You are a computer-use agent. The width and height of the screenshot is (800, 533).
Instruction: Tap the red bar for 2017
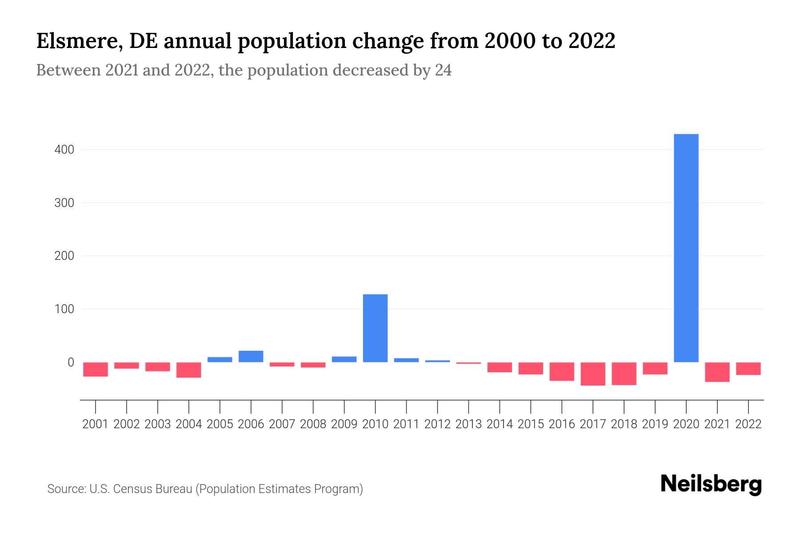click(x=592, y=374)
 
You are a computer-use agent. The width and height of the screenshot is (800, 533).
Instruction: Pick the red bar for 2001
click(x=96, y=369)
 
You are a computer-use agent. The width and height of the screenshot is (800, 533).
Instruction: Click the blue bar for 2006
click(x=251, y=356)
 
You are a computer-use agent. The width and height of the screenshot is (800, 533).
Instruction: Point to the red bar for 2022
click(x=748, y=368)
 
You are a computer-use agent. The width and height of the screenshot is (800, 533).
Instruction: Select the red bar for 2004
click(x=188, y=370)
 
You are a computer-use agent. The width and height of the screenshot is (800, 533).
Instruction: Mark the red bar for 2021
click(x=717, y=372)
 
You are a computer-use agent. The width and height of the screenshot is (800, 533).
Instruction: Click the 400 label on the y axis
click(x=64, y=150)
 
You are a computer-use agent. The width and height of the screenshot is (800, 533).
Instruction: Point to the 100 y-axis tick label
click(x=64, y=309)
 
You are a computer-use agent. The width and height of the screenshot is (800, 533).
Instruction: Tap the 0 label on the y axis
click(x=71, y=362)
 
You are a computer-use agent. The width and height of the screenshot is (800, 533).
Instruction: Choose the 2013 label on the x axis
click(x=468, y=424)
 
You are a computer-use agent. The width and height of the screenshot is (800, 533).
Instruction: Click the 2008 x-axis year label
click(x=313, y=424)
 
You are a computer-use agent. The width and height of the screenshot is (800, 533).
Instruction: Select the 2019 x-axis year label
click(x=655, y=424)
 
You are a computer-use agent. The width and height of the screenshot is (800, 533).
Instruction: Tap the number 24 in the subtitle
click(x=443, y=70)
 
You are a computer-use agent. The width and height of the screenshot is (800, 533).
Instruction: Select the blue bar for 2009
click(x=344, y=359)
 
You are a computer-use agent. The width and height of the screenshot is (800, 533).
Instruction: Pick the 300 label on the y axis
click(x=64, y=203)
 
